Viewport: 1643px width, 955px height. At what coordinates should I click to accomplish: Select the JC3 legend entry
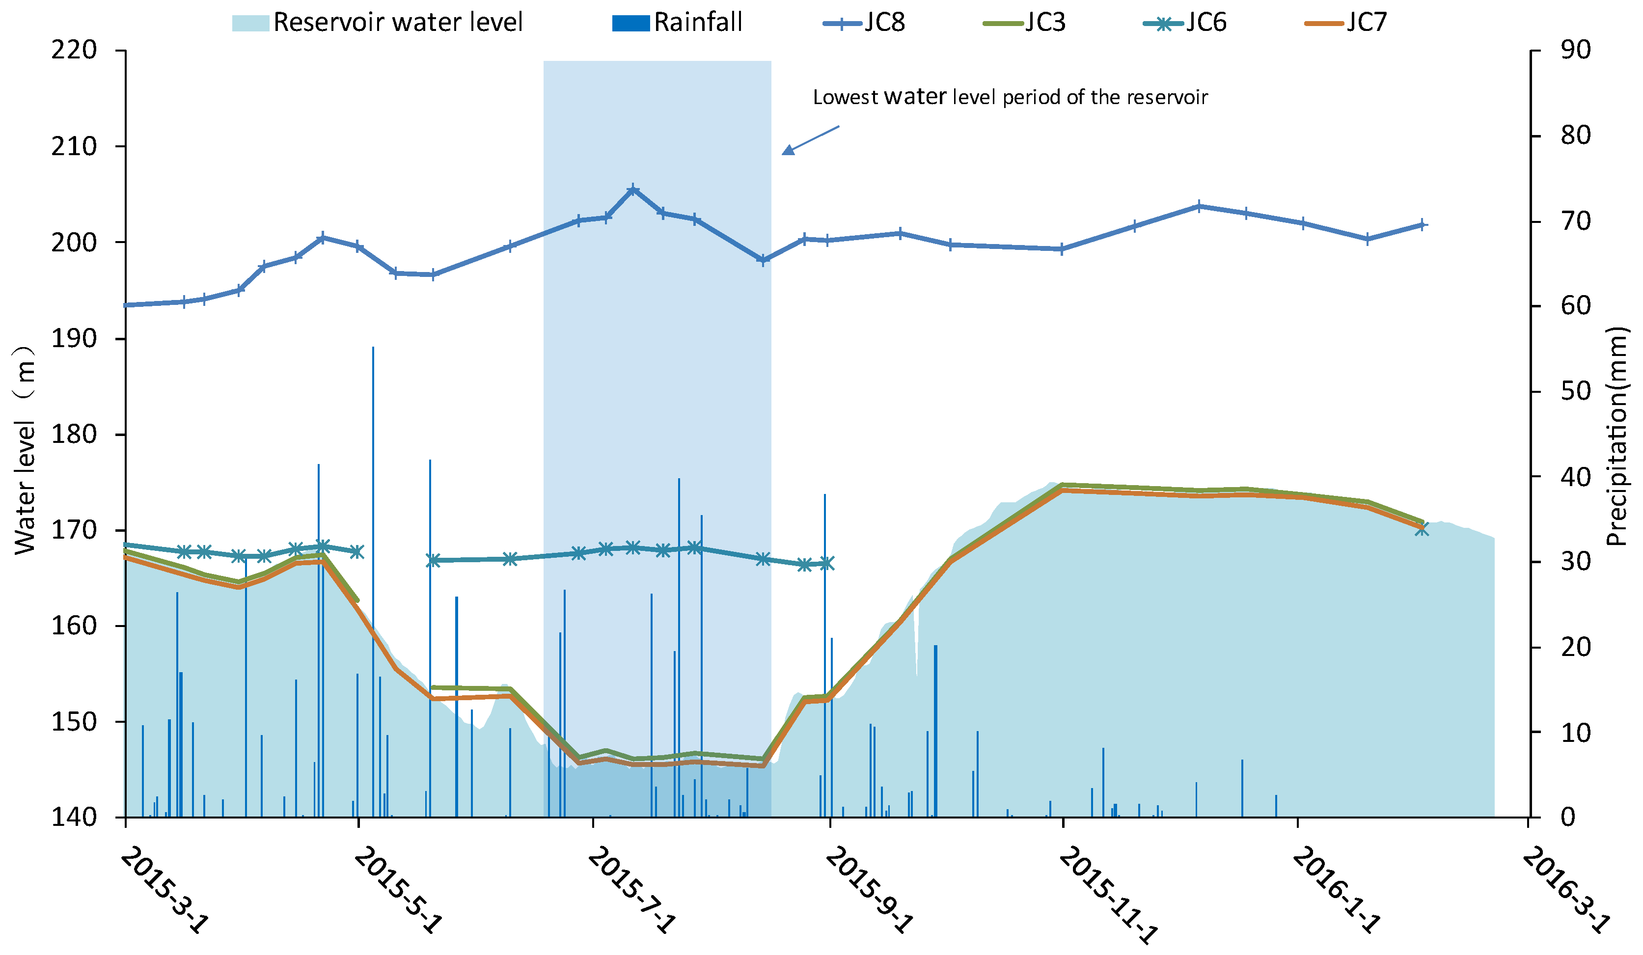(x=1025, y=23)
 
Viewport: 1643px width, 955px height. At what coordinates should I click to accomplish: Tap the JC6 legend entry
(x=1185, y=23)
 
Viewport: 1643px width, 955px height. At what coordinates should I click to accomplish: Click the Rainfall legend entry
(x=678, y=23)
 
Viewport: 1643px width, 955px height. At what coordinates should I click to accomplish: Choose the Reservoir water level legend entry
(x=378, y=23)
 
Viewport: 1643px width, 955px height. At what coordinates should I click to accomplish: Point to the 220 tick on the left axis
(x=74, y=50)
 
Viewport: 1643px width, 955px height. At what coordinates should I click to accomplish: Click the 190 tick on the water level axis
(x=74, y=338)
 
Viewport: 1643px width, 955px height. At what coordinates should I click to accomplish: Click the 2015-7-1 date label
(x=630, y=890)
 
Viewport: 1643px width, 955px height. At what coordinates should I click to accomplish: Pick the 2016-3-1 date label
(x=1565, y=890)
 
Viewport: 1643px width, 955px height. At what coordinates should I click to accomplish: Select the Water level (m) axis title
(x=25, y=450)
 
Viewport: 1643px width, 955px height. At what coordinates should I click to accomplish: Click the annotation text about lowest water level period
(x=1009, y=97)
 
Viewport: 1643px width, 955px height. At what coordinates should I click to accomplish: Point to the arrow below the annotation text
(x=810, y=140)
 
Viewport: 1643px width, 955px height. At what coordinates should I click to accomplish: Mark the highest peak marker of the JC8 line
(x=632, y=190)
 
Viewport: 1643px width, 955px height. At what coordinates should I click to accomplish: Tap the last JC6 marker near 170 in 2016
(x=1422, y=529)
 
